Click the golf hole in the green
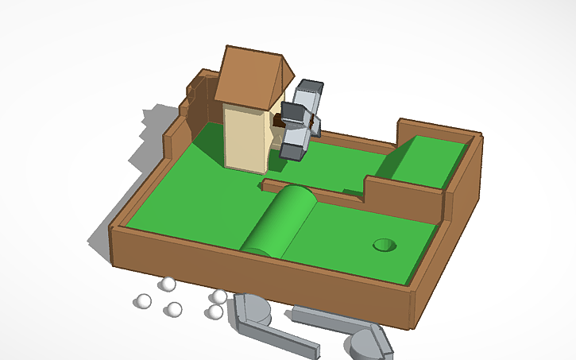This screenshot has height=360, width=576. (x=385, y=245)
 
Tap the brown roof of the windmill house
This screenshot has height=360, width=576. (x=248, y=75)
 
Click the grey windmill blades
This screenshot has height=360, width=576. (x=300, y=119)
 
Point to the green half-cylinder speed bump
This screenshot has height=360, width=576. (x=278, y=220)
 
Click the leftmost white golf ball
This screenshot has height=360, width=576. (x=143, y=301)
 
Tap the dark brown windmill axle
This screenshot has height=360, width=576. (x=279, y=122)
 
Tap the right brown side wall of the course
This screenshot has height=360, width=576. (x=461, y=207)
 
